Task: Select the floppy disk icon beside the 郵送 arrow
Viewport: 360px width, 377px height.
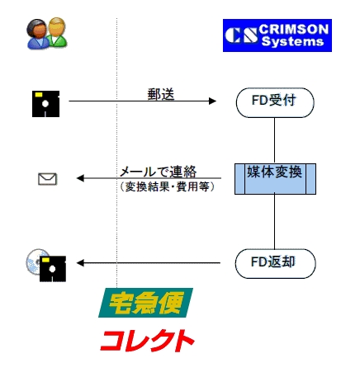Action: tap(45, 102)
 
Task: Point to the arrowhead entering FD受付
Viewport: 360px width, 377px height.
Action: tap(212, 101)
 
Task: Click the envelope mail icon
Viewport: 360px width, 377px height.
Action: tap(48, 178)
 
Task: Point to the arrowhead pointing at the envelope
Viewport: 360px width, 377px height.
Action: tap(81, 178)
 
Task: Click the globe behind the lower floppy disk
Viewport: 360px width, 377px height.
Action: tap(34, 263)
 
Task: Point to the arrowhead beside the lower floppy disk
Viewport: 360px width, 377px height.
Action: tap(81, 263)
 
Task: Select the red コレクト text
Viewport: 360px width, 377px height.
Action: tap(148, 339)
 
